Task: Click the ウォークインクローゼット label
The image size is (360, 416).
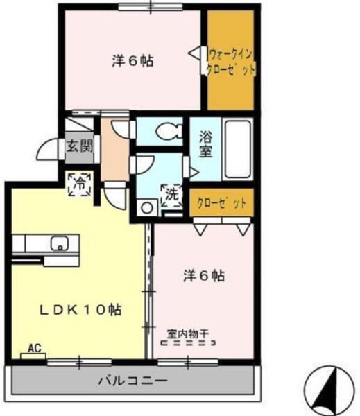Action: coord(232,61)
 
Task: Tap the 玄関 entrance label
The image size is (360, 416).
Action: coord(75,147)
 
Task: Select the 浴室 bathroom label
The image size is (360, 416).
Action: coord(206,145)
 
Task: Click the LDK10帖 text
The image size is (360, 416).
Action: coord(80,310)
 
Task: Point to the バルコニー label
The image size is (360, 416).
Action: coord(132,381)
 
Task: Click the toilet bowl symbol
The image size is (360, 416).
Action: coord(164,130)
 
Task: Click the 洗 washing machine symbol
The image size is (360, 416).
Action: coord(171,196)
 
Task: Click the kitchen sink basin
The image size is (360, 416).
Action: coord(60,244)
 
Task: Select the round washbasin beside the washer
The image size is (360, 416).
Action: coord(146,206)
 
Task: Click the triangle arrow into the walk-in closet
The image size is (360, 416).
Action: coord(196,53)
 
